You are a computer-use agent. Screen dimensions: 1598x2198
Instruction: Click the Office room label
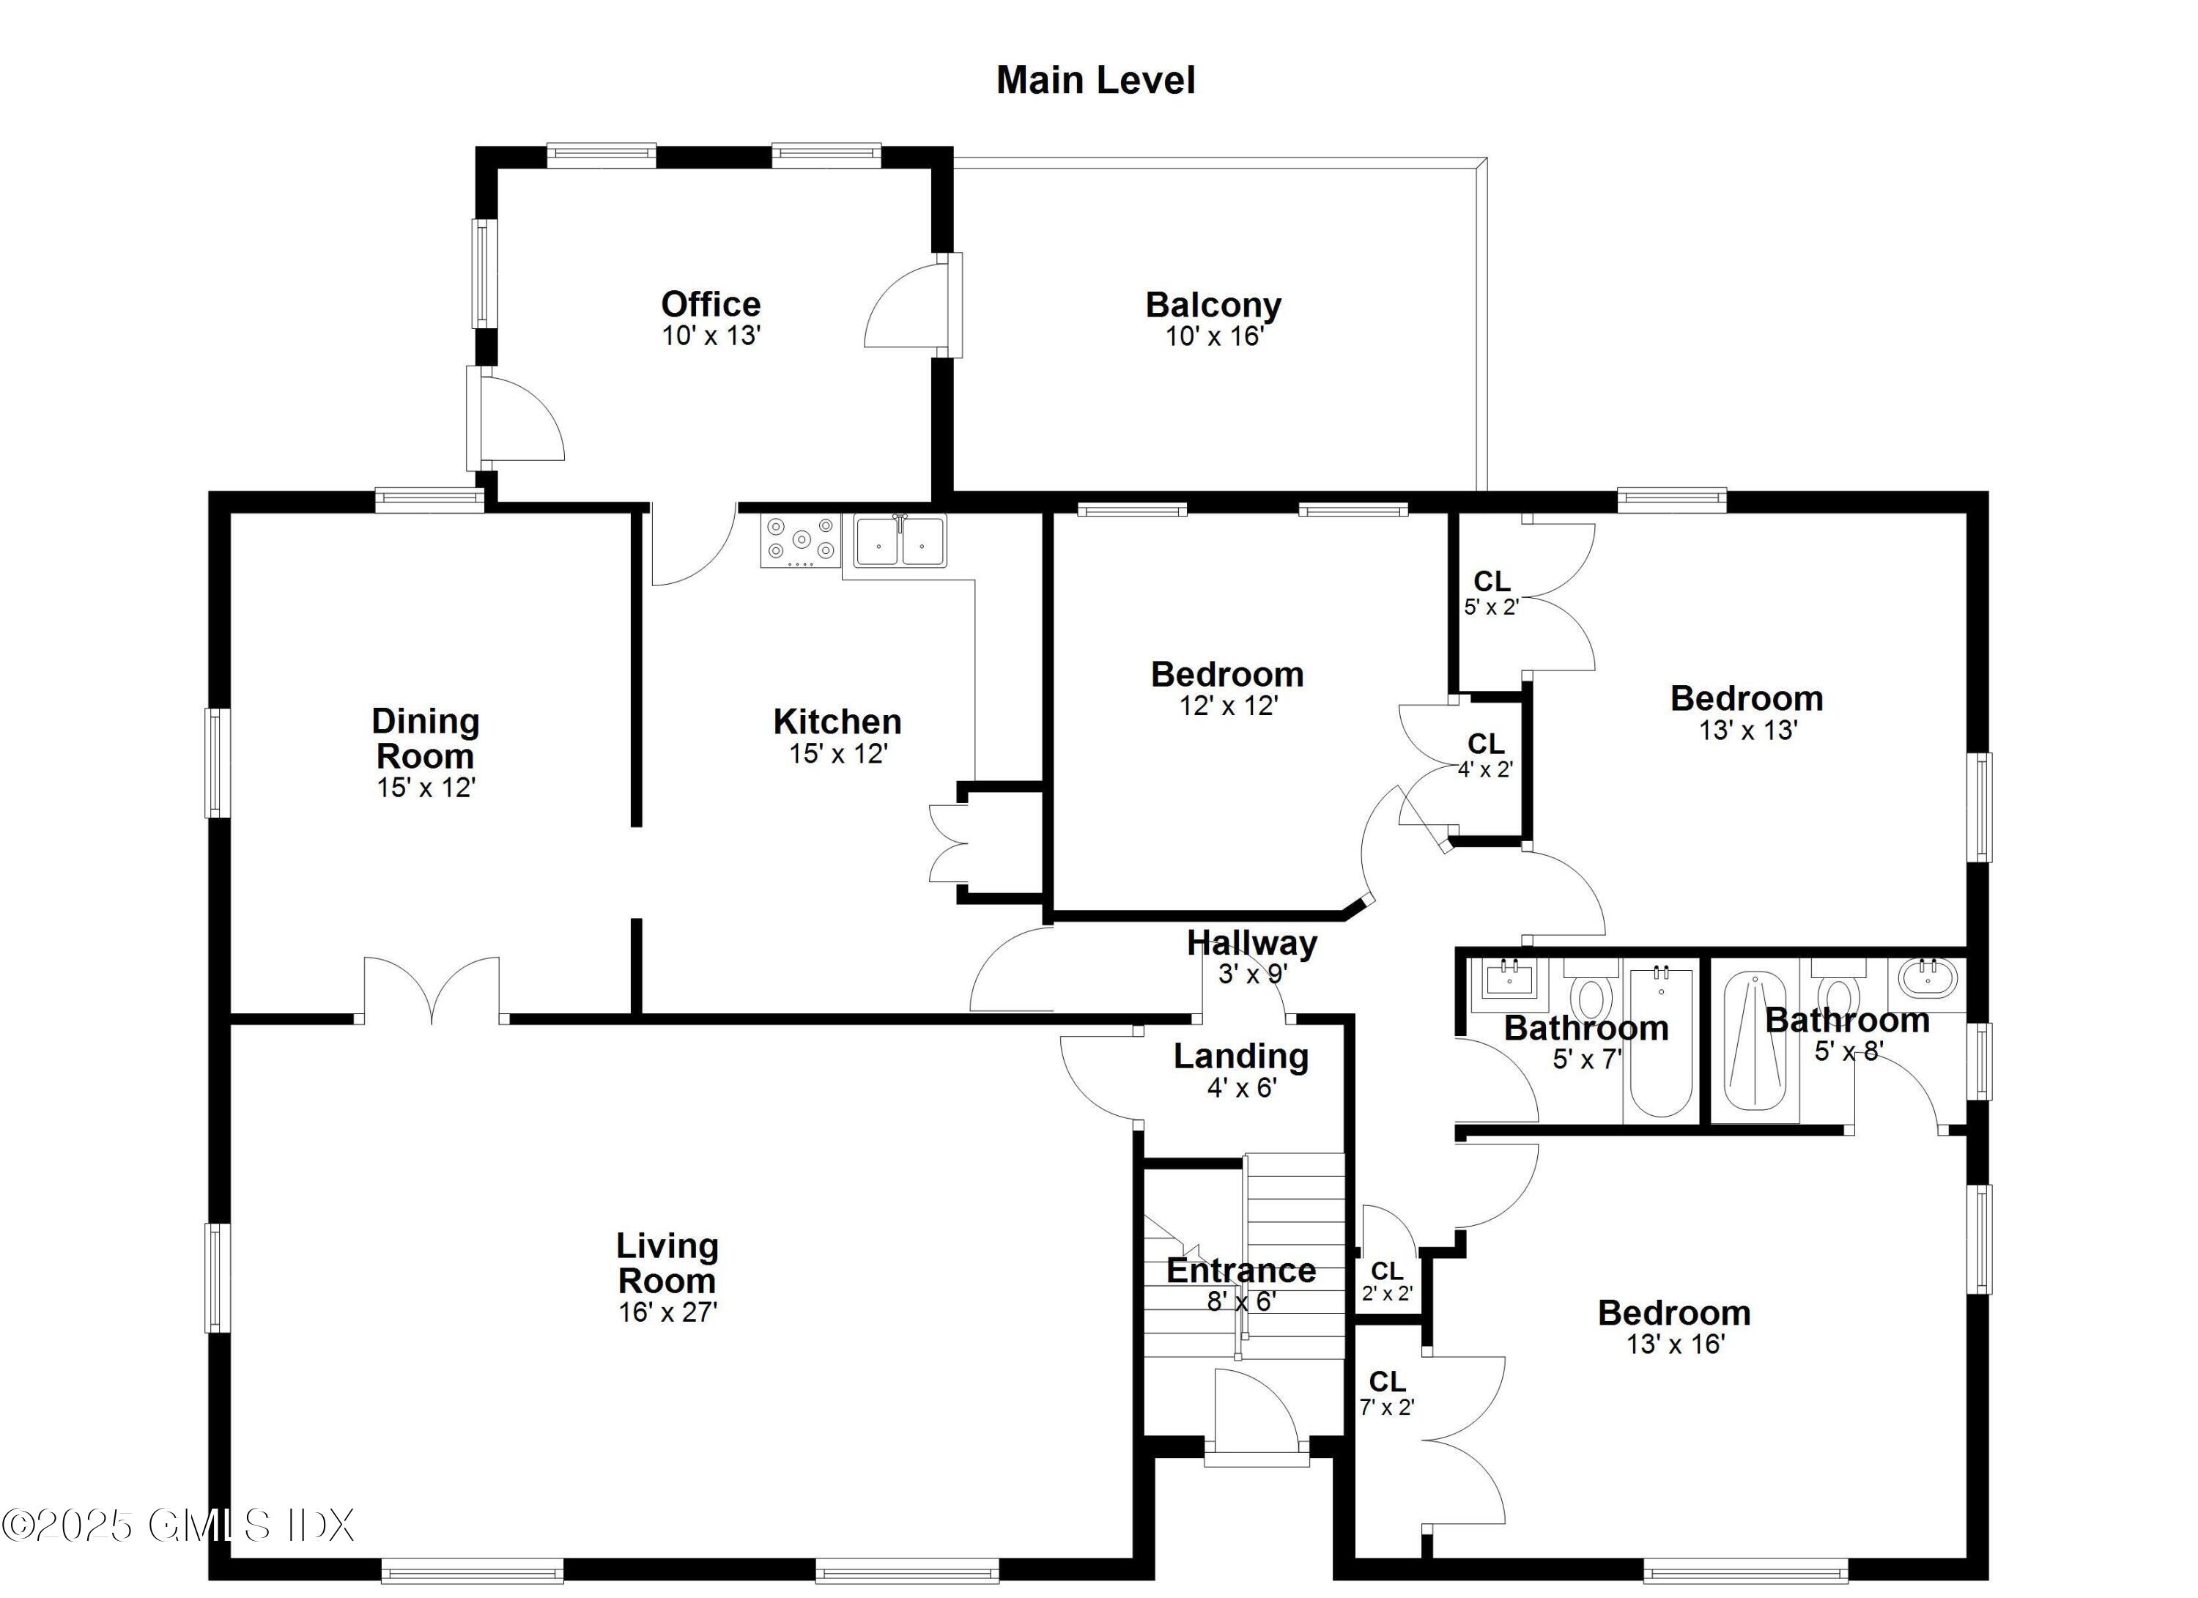pos(711,304)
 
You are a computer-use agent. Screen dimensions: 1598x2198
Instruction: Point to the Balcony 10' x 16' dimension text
pos(1214,336)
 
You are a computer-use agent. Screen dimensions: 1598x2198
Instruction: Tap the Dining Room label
pos(426,739)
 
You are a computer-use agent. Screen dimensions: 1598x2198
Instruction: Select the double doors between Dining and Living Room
pos(432,991)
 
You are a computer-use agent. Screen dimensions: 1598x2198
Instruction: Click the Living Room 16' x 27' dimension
pos(667,1312)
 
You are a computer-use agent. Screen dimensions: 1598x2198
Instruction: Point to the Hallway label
pos(1251,942)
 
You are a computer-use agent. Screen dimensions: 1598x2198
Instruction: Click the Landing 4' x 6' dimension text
pos(1241,1087)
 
